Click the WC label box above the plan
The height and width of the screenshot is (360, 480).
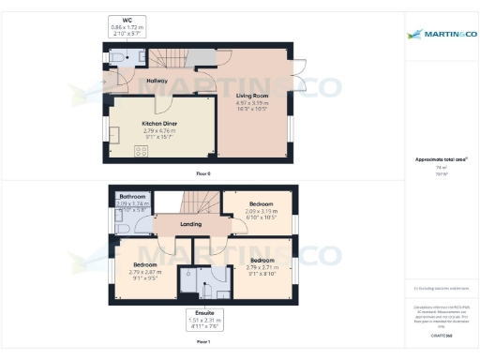click(x=127, y=24)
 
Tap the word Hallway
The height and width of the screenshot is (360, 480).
click(x=157, y=82)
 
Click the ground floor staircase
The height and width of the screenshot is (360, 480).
click(x=172, y=58)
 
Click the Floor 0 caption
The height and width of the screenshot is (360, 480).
click(x=203, y=174)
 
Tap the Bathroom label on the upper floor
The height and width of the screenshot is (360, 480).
click(x=132, y=197)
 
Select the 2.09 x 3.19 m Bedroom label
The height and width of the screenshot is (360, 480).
click(x=262, y=208)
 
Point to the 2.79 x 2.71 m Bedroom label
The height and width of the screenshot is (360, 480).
click(x=262, y=264)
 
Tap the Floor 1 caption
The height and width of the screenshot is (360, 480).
click(x=203, y=343)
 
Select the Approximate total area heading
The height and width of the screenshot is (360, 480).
click(x=441, y=160)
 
